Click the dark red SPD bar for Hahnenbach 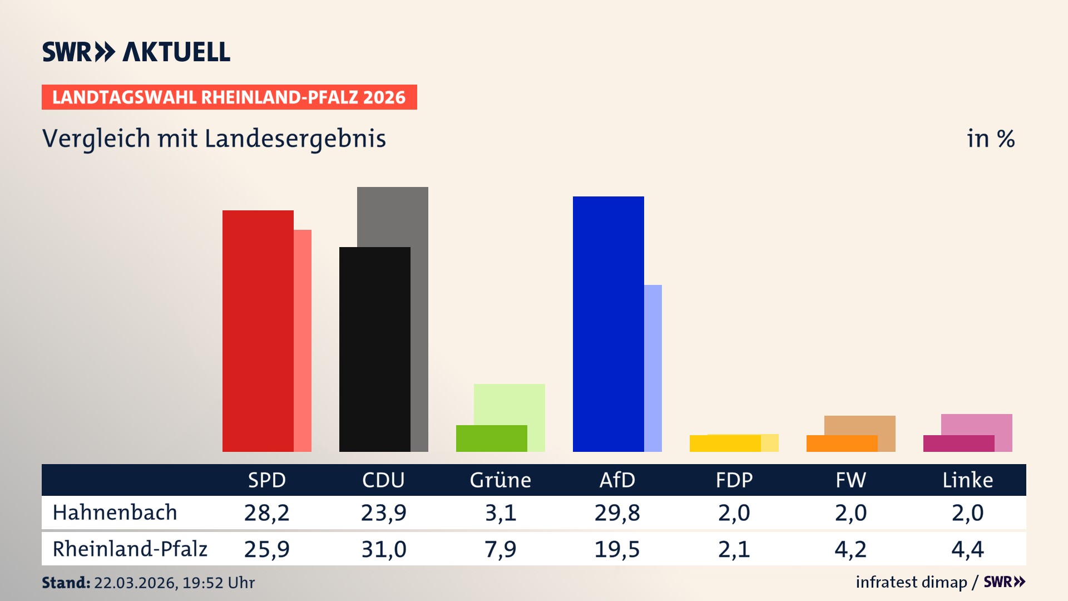258,331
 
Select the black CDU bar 374,349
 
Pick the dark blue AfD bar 608,324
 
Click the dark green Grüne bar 491,439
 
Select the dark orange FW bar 842,444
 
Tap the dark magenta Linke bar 958,444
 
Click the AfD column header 617,480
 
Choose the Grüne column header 500,480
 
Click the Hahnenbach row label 115,513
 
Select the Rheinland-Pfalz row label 130,549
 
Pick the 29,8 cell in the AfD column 617,513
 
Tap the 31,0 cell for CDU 384,549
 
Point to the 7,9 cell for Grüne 500,549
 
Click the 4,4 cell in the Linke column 967,549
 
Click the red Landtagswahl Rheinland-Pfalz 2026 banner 229,97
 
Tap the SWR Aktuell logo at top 136,52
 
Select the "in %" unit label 990,139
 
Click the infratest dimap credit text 911,582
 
